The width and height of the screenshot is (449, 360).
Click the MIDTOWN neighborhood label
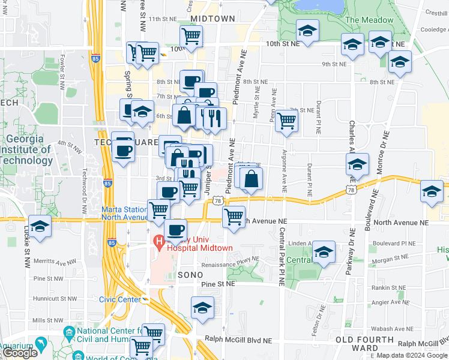[x=212, y=19]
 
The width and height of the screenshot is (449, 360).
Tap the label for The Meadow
[x=369, y=20]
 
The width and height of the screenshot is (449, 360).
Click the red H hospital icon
[x=159, y=242]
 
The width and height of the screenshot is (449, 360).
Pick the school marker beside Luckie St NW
[x=40, y=227]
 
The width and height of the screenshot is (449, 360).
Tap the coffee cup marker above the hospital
[x=175, y=230]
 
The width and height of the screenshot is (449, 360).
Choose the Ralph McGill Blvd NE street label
[x=238, y=340]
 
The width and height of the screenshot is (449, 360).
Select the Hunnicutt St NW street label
[x=55, y=298]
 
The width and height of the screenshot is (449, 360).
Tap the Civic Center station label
[x=119, y=299]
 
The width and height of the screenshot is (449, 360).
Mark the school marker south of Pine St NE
[x=203, y=308]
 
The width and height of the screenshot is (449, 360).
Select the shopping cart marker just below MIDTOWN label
[x=191, y=35]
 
